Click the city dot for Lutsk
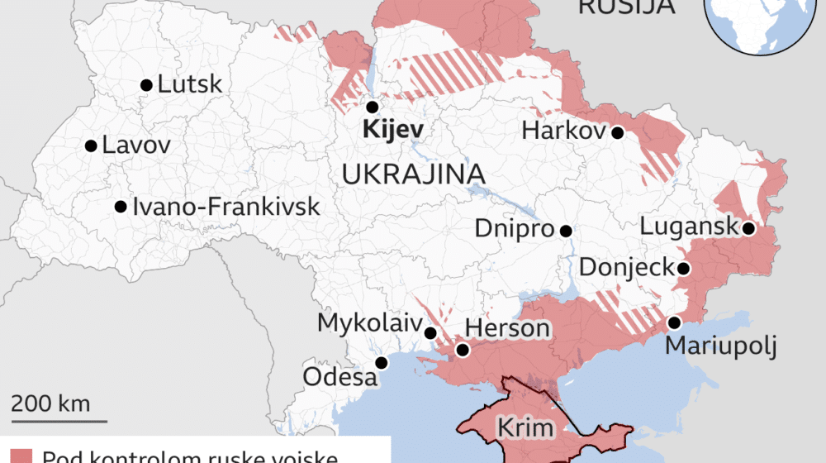(x=146, y=84)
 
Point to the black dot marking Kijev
(x=372, y=107)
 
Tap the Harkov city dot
(x=617, y=131)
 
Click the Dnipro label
(x=514, y=229)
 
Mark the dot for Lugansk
(x=748, y=228)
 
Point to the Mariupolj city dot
(x=674, y=322)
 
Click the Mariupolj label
(x=721, y=346)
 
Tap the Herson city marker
(x=463, y=350)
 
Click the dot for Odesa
(x=382, y=362)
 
